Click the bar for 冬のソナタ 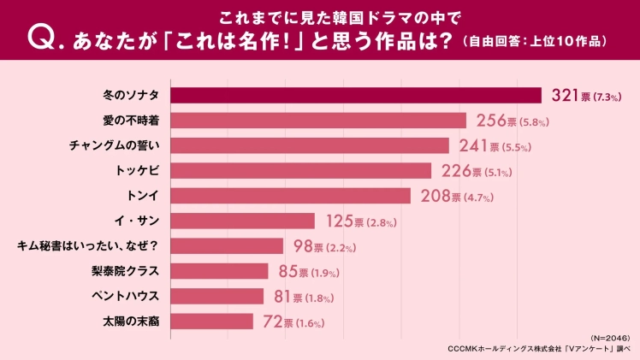356,95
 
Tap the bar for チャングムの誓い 310,145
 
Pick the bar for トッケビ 301,171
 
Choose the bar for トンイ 291,196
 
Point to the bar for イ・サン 243,221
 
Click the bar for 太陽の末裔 212,322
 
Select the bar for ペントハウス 217,297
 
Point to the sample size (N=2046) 610,339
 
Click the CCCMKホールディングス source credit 539,349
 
